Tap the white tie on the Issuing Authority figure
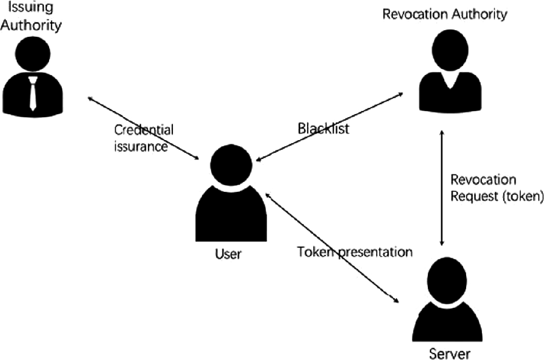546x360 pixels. coord(33,93)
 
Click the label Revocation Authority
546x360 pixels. coord(445,14)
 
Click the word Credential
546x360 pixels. coord(144,130)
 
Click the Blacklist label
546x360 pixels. coord(323,129)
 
